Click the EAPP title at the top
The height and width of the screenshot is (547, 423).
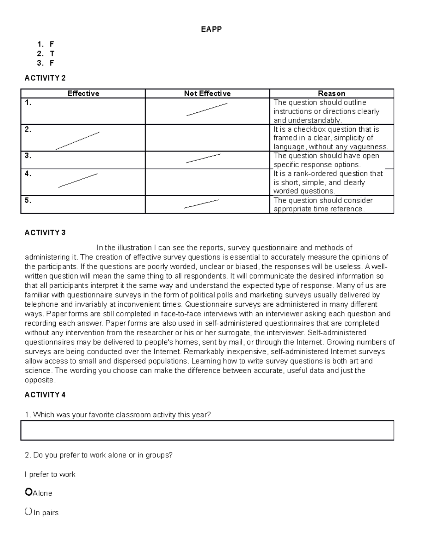(211, 29)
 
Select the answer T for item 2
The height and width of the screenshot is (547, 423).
(52, 54)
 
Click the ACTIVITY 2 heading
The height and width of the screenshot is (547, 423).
(45, 78)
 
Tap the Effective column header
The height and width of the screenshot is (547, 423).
(83, 93)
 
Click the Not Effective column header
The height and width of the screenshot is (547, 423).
(207, 93)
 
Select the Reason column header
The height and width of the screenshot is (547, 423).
(331, 93)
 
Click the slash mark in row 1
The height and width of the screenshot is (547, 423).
(207, 110)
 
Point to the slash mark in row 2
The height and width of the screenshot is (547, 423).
(78, 141)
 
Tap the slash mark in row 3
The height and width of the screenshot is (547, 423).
(203, 158)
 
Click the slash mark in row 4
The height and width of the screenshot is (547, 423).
(78, 180)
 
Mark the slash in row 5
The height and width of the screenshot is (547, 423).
(201, 204)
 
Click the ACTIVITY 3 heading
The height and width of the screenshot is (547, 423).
(45, 232)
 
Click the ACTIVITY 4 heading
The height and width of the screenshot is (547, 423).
(45, 394)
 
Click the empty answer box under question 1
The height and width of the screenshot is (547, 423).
(207, 430)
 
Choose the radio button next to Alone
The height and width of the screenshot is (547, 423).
(29, 492)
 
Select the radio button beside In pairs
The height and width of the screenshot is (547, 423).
(28, 511)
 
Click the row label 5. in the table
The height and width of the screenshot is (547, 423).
(28, 200)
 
